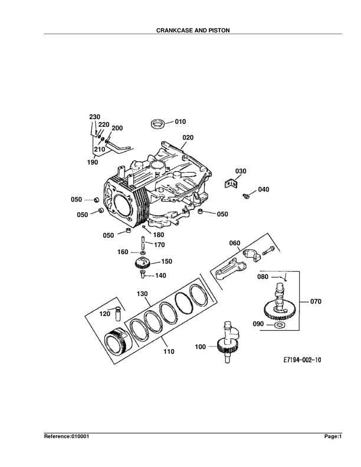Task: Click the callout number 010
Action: click(x=180, y=121)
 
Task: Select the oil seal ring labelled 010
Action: click(x=158, y=124)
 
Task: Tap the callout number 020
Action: click(x=188, y=137)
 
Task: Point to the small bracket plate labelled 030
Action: click(x=230, y=185)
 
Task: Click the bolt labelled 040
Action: click(x=246, y=194)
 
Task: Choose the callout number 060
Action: click(x=235, y=243)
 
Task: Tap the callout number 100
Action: click(x=201, y=347)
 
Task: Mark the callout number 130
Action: click(x=143, y=293)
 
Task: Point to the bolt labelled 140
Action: click(x=142, y=274)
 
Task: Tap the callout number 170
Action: click(x=159, y=244)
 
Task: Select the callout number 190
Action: click(x=93, y=161)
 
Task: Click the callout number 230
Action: click(x=94, y=117)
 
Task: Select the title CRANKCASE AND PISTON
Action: click(x=180, y=29)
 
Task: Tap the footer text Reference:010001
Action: click(x=67, y=437)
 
